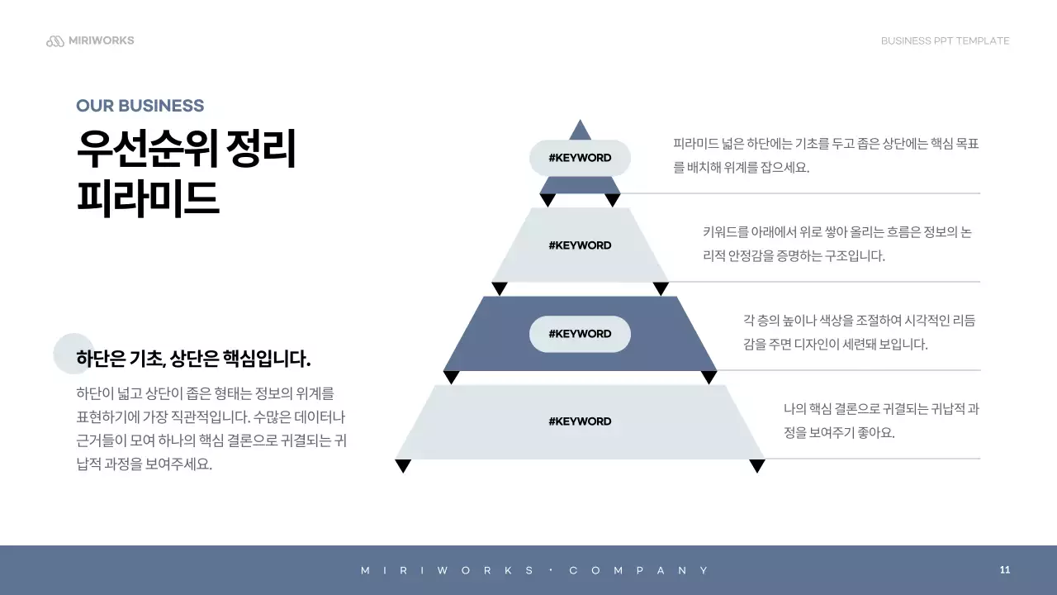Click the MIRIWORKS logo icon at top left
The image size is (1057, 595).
(x=55, y=41)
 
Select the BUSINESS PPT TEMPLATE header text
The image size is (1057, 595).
(x=945, y=41)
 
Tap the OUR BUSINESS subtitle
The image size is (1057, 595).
(x=140, y=106)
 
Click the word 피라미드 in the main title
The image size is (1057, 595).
(x=148, y=198)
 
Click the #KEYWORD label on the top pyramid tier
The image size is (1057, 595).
(x=580, y=158)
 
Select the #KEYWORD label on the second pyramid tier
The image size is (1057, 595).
(x=580, y=245)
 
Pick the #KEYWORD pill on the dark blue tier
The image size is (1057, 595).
(x=580, y=334)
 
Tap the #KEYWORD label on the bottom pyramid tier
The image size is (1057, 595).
(x=580, y=421)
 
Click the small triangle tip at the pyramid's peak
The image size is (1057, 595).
(x=581, y=131)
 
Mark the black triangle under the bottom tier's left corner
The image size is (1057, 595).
(x=403, y=466)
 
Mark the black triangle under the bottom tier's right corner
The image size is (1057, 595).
(x=757, y=466)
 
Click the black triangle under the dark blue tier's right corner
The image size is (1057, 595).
(x=709, y=378)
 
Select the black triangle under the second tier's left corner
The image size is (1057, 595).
(x=499, y=288)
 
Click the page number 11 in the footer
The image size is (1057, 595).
(x=1005, y=570)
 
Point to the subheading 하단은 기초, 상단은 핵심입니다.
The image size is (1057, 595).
(x=193, y=359)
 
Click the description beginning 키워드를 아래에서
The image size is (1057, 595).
(x=837, y=244)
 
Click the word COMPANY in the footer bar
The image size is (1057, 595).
(x=639, y=571)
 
